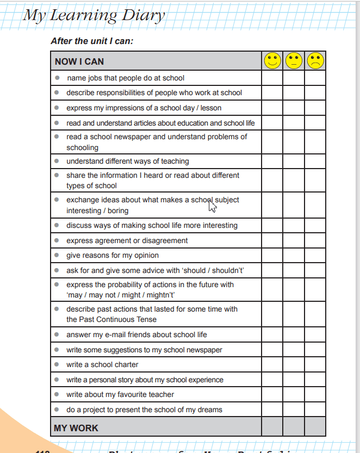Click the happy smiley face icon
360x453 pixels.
[272, 61]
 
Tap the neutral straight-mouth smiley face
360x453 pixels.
[294, 61]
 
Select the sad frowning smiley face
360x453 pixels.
[315, 61]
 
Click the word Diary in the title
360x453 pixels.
[138, 15]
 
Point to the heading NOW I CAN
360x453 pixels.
[79, 61]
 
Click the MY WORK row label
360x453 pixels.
[76, 428]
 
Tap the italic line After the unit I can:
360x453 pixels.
[92, 41]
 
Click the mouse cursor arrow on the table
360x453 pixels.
[213, 206]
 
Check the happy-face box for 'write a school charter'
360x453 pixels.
[272, 364]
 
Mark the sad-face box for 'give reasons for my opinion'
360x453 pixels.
[315, 255]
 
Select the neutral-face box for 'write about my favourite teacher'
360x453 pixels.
[294, 394]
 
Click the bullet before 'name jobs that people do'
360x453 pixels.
[57, 78]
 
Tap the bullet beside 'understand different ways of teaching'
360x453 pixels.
[57, 161]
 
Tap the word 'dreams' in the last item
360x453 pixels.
[210, 409]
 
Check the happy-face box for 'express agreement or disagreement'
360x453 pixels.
[272, 240]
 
